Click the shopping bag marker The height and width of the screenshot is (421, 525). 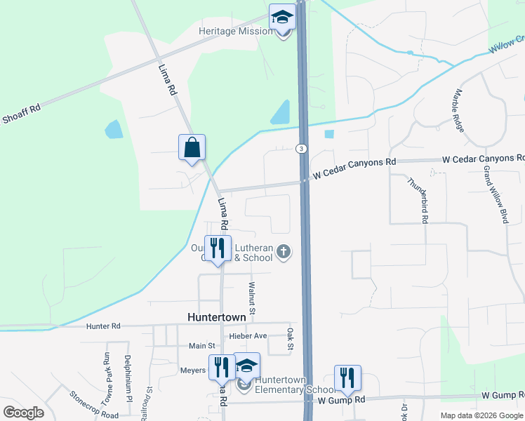coord(192,147)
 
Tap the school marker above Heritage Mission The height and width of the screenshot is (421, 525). coord(282,17)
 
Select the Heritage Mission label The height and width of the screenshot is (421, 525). coord(235,32)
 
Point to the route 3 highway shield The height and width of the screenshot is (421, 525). coord(300,149)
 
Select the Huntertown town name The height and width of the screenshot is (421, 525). coord(217,317)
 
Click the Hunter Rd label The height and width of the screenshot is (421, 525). coord(103,326)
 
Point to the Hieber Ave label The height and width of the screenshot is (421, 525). coord(248,336)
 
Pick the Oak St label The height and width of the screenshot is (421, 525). coord(289,339)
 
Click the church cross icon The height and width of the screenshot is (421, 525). coord(284,252)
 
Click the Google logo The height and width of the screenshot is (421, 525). coord(23,413)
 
